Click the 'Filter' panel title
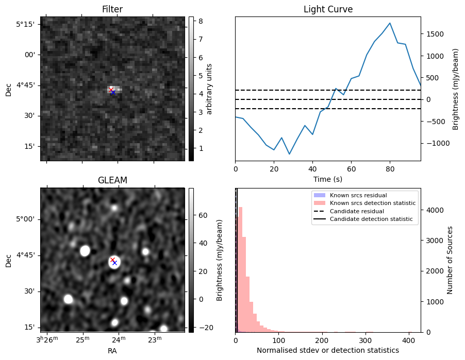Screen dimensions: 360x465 click(112, 9)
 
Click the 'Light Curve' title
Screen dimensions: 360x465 click(328, 9)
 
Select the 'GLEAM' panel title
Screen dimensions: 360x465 click(112, 180)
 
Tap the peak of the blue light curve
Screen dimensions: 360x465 click(390, 23)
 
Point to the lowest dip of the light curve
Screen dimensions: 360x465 click(290, 154)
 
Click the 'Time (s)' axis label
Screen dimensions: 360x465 click(328, 179)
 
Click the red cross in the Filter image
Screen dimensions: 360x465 click(111, 90)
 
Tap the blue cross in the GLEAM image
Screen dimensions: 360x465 click(115, 263)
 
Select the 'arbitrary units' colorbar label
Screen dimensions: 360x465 click(209, 89)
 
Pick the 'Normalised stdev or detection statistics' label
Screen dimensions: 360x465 click(328, 350)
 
